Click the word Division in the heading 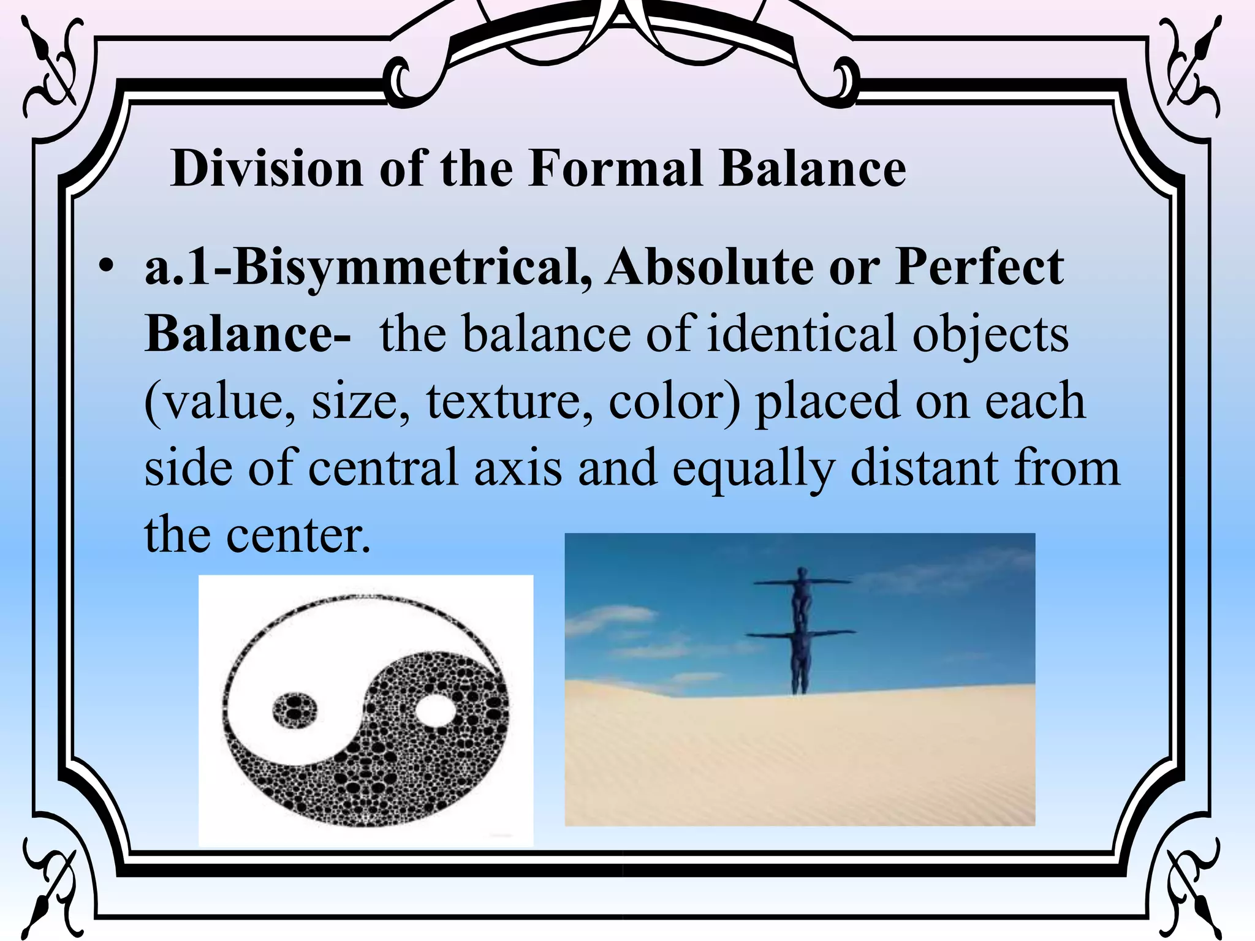pos(267,168)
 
